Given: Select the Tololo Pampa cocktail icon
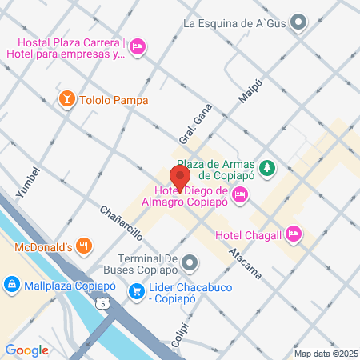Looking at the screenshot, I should tap(67, 98).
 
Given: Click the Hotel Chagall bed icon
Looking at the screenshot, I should tap(294, 234).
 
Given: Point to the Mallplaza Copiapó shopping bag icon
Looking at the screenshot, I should tap(11, 284).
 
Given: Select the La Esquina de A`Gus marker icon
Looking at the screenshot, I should tap(298, 23).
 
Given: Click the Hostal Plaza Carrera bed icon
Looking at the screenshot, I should tap(138, 47).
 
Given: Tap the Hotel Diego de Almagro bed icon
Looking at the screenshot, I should tap(240, 194).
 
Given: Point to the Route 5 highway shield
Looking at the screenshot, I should tap(102, 303).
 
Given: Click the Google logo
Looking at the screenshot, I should tap(27, 350).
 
